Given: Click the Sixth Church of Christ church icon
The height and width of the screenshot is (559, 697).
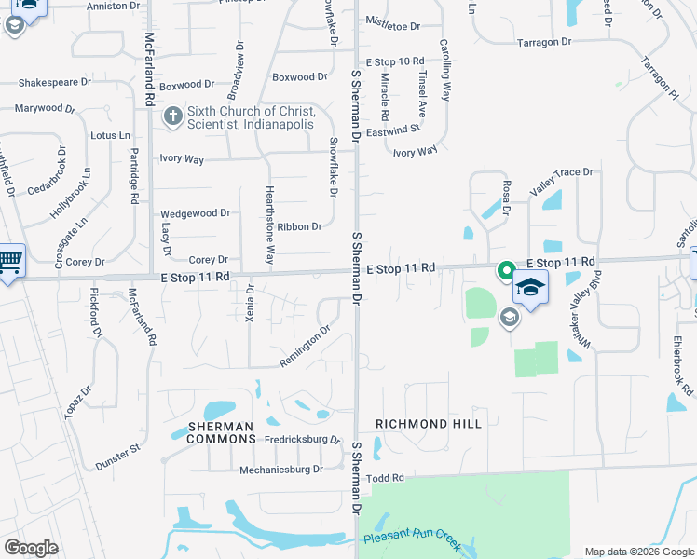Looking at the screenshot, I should (172, 117).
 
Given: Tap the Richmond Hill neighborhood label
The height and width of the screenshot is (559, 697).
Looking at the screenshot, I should (429, 424).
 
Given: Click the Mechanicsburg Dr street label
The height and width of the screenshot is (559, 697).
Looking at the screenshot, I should (280, 470).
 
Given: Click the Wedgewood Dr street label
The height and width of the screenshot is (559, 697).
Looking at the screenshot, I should (195, 213).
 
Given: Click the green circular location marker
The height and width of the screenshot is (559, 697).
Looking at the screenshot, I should (506, 271).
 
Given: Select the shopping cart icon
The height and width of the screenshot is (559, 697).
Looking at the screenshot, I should (9, 261).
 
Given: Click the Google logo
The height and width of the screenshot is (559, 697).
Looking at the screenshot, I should (32, 547).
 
